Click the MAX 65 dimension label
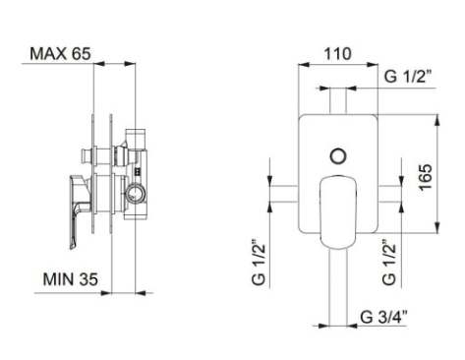point(60,53)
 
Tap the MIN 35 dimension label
point(71,279)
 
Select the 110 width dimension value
point(337,54)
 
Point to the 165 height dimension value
point(426,177)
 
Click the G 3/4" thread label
point(383,317)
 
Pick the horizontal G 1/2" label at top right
point(408,77)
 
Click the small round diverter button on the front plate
point(338,156)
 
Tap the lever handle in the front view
point(338,212)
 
